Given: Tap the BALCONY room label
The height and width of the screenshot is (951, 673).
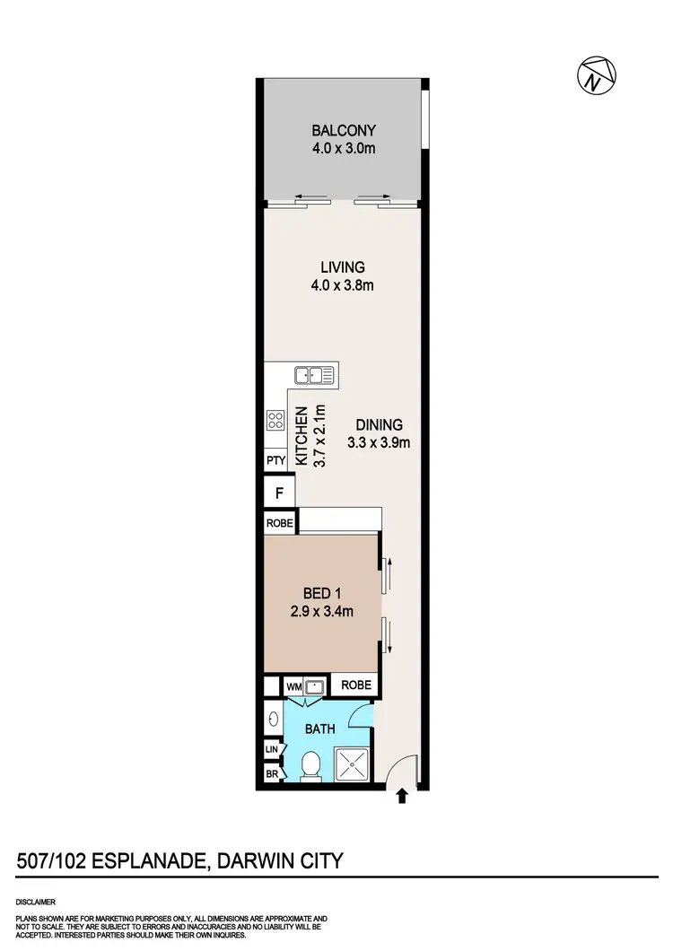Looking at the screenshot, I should click(337, 129).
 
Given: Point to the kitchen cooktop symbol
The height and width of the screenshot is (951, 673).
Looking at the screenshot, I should click(275, 419).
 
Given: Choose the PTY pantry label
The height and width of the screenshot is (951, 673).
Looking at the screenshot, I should click(275, 460).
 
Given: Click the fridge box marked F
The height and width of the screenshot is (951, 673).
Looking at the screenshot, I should click(279, 493).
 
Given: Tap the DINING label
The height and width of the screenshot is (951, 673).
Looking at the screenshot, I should click(379, 424).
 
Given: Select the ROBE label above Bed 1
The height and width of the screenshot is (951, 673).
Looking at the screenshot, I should click(279, 523).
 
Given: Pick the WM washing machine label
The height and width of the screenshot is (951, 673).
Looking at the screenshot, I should click(293, 686).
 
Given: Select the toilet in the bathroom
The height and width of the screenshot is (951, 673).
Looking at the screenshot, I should click(310, 765).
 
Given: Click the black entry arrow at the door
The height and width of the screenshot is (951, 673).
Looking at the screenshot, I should click(402, 795).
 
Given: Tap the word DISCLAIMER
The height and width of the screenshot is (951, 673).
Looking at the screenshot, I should click(37, 901).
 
